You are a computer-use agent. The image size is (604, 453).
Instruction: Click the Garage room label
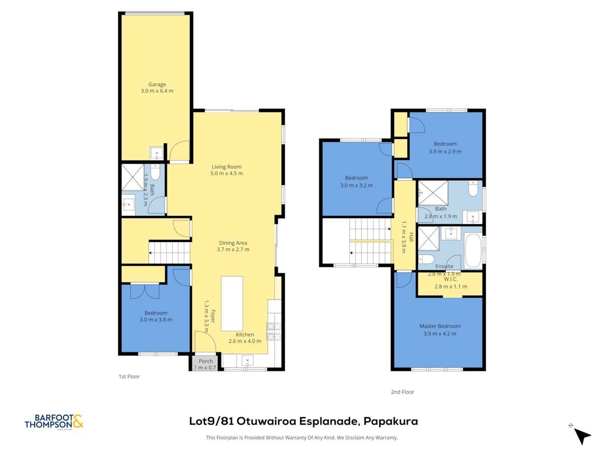pyautogui.click(x=157, y=84)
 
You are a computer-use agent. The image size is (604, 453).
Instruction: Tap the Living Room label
pyautogui.click(x=226, y=167)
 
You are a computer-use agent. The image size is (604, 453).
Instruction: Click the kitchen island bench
pyautogui.click(x=232, y=303)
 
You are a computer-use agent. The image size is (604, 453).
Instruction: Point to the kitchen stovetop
pyautogui.click(x=274, y=330)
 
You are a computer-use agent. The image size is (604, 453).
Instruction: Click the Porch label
pyautogui.click(x=205, y=361)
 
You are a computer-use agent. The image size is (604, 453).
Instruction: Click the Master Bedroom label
pyautogui.click(x=439, y=326)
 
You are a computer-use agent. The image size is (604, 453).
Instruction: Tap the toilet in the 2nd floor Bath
pyautogui.click(x=473, y=189)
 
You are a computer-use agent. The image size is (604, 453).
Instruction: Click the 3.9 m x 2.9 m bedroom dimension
pyautogui.click(x=445, y=151)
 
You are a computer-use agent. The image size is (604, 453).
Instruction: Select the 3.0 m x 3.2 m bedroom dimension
pyautogui.click(x=356, y=185)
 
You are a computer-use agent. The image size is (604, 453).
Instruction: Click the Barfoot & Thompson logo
pyautogui.click(x=54, y=422)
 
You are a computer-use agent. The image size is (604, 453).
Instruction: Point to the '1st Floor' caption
pyautogui.click(x=129, y=376)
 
